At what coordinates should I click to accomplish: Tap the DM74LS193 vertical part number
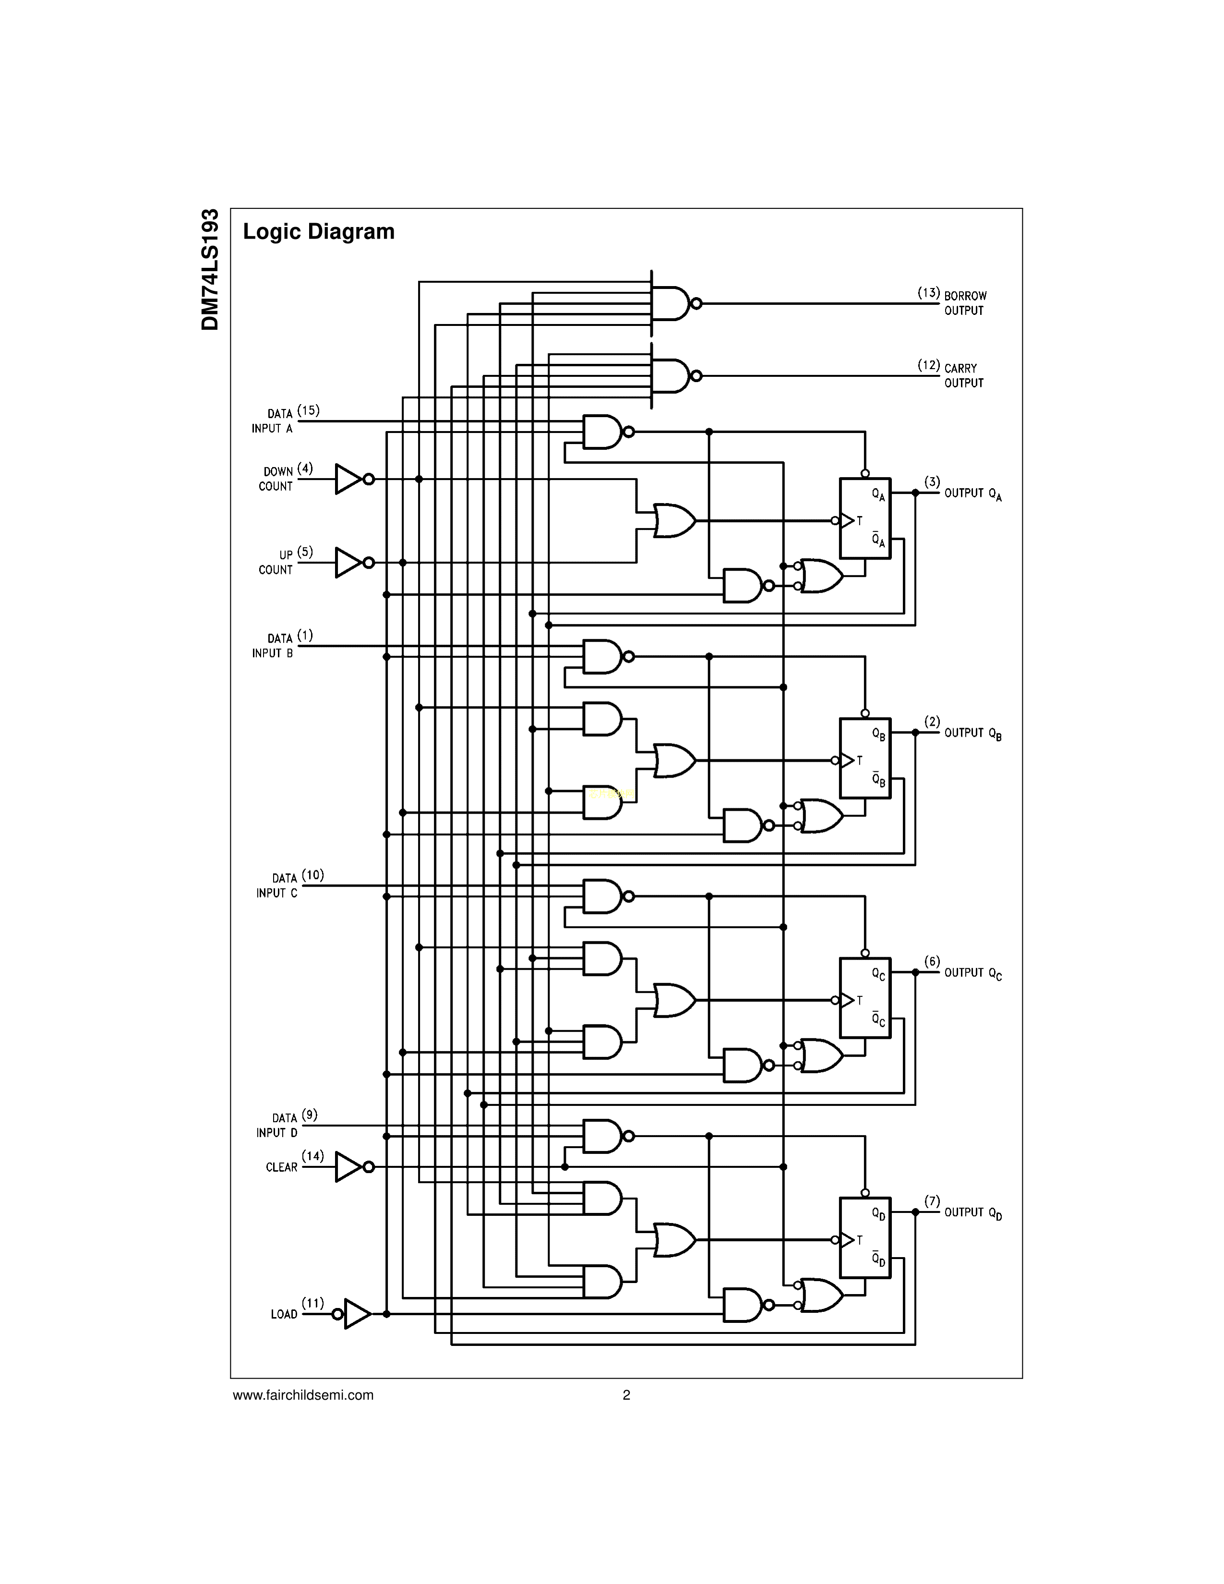point(210,270)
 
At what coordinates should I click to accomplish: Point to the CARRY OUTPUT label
point(964,376)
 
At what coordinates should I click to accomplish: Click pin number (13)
point(928,293)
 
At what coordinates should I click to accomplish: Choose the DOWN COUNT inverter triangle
point(348,480)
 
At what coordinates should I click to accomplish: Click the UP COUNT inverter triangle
point(348,563)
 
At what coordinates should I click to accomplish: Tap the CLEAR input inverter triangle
point(348,1167)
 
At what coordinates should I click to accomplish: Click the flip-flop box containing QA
point(864,518)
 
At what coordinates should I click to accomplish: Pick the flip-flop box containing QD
point(864,1237)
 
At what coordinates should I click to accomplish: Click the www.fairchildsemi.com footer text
point(303,1395)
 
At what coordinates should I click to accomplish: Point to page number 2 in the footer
point(626,1395)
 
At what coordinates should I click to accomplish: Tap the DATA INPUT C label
point(277,886)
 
